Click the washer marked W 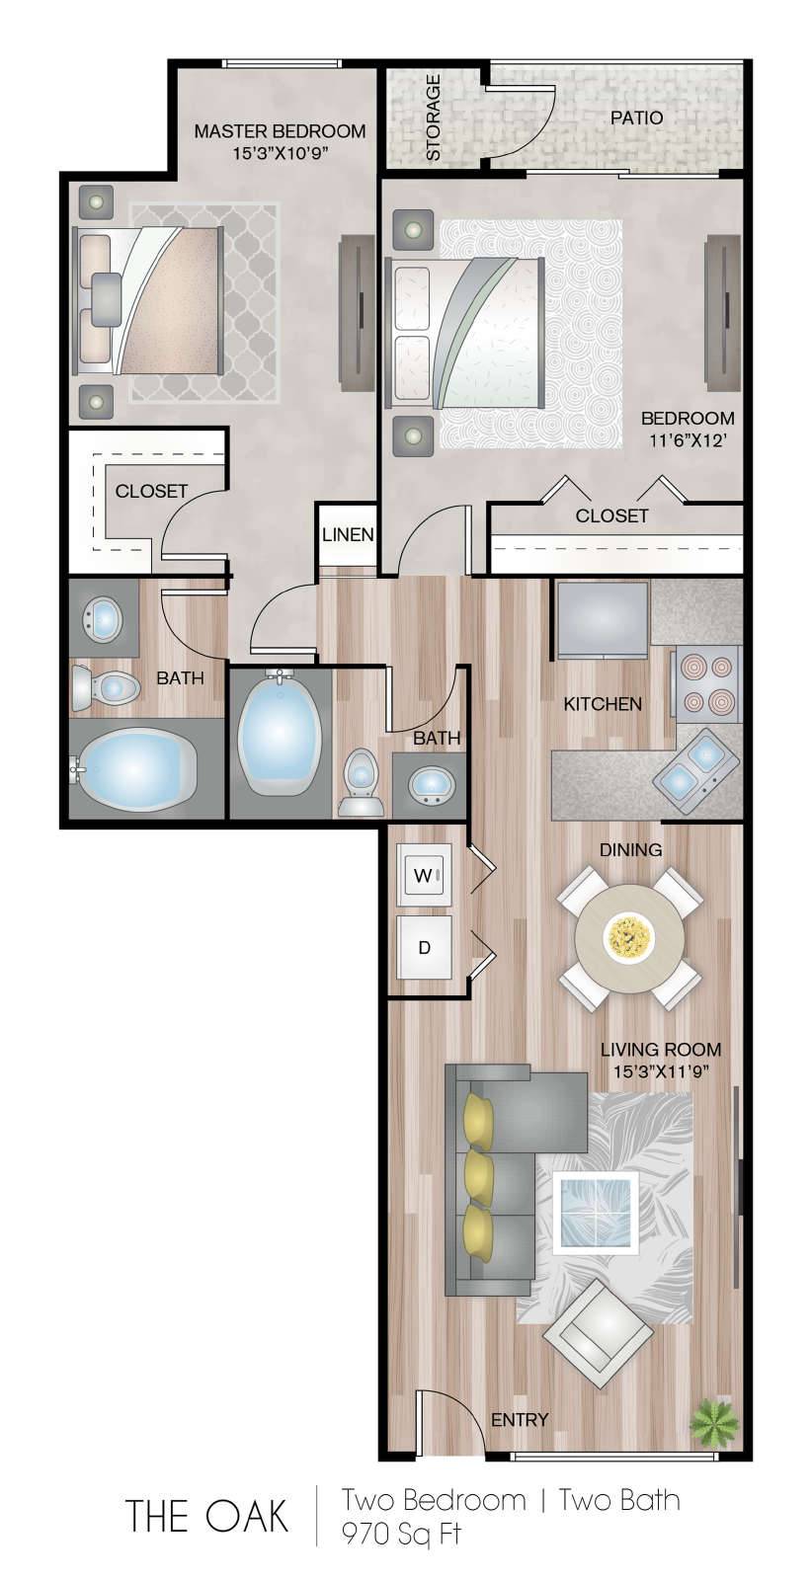pyautogui.click(x=423, y=875)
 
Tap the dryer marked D pyautogui.click(x=423, y=947)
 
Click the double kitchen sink pyautogui.click(x=694, y=767)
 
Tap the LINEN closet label pyautogui.click(x=348, y=534)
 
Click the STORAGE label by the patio pyautogui.click(x=433, y=118)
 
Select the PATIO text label pyautogui.click(x=636, y=118)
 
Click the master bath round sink pyautogui.click(x=104, y=617)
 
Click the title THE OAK pyautogui.click(x=206, y=1515)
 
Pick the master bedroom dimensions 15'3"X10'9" pyautogui.click(x=282, y=153)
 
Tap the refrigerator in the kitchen pyautogui.click(x=603, y=618)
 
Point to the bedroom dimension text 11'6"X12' pyautogui.click(x=688, y=440)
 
